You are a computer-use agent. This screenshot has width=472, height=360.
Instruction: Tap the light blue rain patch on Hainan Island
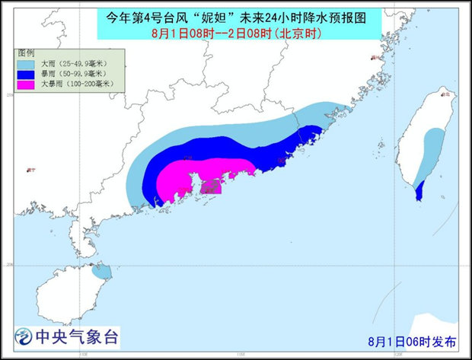(100, 269)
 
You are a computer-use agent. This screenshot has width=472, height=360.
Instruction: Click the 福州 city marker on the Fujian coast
(372, 58)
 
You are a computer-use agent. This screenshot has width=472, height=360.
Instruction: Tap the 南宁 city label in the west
(30, 170)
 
